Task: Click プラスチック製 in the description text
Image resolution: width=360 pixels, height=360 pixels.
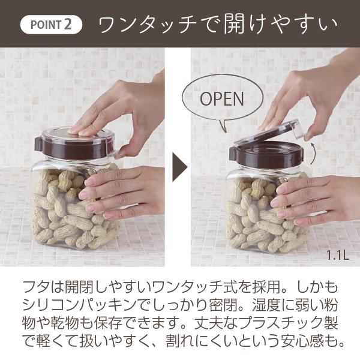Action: pyautogui.click(x=291, y=323)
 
